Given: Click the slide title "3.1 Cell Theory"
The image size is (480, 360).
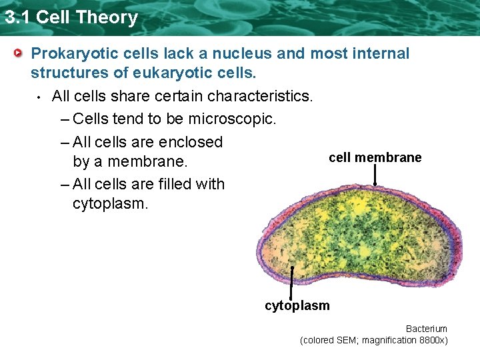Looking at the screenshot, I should click(x=71, y=17).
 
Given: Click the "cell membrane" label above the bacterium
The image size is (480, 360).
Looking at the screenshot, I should click(x=375, y=157).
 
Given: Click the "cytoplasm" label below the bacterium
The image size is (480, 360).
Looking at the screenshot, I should click(x=297, y=306).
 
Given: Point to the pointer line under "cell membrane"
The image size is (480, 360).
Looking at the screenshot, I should click(x=375, y=175).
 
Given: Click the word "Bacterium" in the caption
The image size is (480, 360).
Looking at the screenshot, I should click(x=426, y=329).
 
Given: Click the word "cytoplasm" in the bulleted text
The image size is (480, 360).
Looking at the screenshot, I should click(x=110, y=203).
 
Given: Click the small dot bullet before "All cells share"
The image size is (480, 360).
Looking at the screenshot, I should click(x=39, y=97).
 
